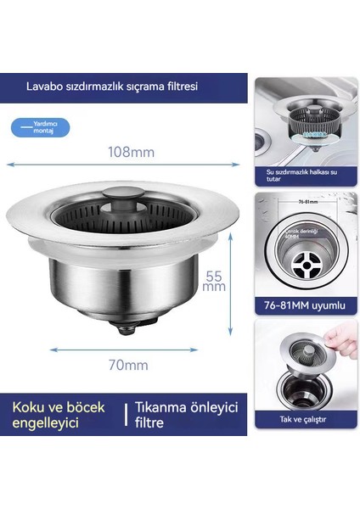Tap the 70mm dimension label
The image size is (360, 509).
click(130, 366)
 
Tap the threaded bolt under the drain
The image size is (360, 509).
click(131, 323)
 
